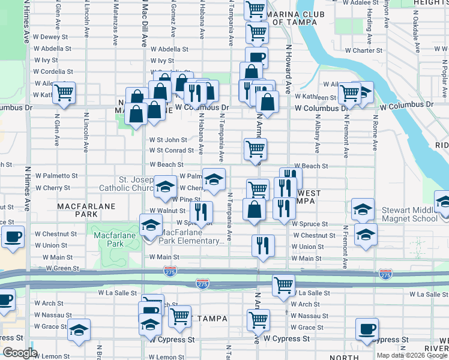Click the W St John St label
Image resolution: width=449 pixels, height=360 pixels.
[x=169, y=140]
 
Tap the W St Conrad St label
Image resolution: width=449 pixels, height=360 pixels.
[x=172, y=151]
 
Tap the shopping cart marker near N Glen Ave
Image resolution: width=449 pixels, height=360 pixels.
[x=63, y=93]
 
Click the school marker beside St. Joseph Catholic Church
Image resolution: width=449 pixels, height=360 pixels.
[x=165, y=187]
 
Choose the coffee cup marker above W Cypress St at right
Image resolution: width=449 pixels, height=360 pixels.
[x=367, y=329]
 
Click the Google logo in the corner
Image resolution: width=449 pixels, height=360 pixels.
[x=20, y=353]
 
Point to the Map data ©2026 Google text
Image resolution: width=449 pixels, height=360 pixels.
[x=411, y=355]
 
